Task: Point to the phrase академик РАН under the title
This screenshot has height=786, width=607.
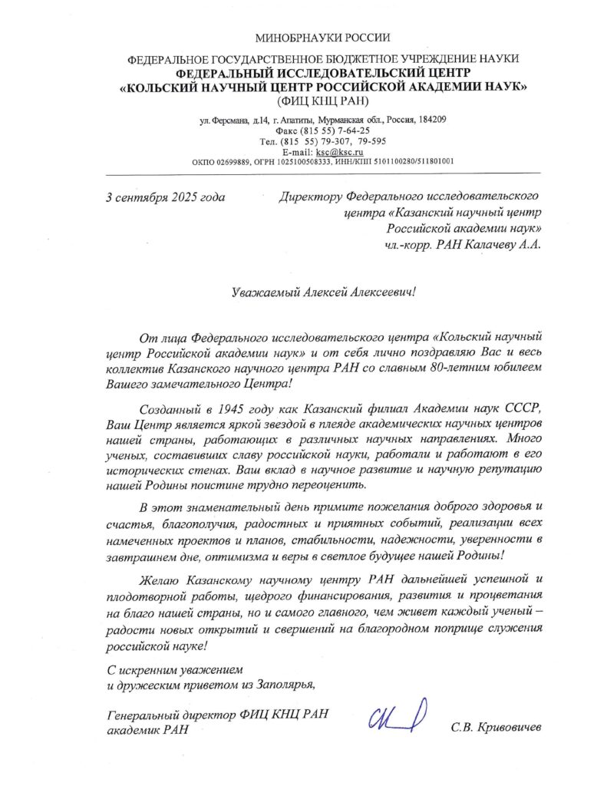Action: coord(147,729)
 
